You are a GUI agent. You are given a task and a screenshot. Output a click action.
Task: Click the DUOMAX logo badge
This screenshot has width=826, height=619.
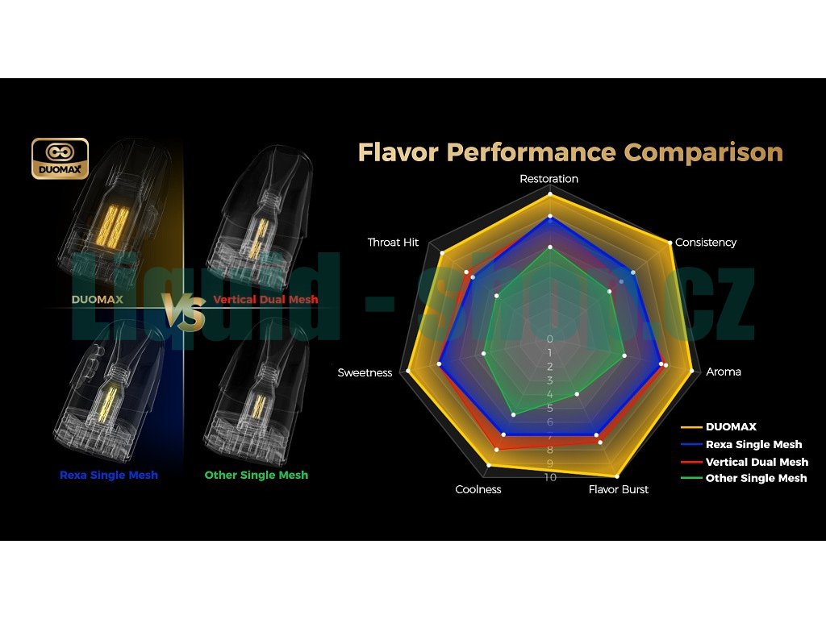tap(60, 159)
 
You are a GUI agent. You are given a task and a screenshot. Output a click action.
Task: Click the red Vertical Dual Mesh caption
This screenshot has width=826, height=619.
tap(265, 300)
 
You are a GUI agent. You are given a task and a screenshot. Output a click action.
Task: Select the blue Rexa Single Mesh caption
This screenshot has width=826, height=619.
tap(109, 475)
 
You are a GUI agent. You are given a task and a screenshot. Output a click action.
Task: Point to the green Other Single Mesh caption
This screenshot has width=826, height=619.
tap(257, 475)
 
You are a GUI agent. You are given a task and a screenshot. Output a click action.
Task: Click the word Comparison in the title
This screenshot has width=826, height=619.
tap(703, 152)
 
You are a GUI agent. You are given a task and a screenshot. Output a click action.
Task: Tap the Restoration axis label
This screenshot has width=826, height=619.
tap(549, 179)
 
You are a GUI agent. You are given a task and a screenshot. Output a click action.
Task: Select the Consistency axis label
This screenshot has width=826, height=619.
tap(706, 243)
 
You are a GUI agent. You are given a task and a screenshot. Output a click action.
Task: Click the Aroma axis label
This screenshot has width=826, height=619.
tap(724, 372)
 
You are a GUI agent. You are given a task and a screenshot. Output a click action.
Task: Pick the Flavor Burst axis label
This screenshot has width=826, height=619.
tap(619, 489)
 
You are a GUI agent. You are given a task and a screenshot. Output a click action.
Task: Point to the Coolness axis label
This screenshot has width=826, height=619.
tap(478, 489)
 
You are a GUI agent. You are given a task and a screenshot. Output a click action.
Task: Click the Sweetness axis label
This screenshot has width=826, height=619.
tap(365, 372)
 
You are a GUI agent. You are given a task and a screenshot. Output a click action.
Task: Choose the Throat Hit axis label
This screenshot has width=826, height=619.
tap(394, 243)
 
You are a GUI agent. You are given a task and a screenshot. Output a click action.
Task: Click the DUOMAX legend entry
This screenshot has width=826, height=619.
tap(731, 427)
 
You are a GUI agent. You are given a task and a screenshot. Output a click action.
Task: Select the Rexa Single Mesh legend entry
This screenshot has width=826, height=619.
tap(753, 444)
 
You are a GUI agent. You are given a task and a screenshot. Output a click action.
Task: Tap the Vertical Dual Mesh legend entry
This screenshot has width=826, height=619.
tap(757, 462)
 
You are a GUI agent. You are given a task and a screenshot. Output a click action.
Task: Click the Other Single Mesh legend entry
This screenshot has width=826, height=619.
tap(756, 478)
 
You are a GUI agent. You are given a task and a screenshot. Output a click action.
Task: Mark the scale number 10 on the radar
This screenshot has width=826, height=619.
tap(550, 477)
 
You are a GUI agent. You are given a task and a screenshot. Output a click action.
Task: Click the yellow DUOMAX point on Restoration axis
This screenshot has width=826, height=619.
tap(550, 194)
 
